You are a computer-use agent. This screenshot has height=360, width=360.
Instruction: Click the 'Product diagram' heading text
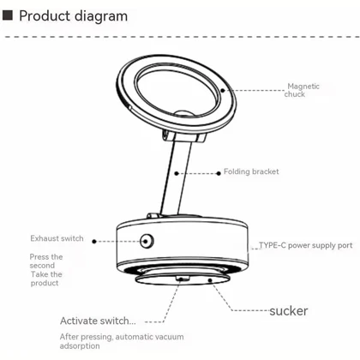73,16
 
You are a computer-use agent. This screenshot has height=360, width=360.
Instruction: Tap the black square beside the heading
8,15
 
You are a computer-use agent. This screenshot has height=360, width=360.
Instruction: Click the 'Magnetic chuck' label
302,90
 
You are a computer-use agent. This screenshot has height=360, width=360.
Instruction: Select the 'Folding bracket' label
251,171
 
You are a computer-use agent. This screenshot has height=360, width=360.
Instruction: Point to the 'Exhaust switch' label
57,238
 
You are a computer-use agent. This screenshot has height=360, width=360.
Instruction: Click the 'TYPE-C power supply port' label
306,245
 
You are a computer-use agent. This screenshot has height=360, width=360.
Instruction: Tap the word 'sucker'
289,311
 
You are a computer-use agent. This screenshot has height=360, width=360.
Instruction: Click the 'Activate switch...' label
98,321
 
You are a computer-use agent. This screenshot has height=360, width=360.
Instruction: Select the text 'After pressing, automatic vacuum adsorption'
122,341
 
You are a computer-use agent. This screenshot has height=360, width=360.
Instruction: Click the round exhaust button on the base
147,241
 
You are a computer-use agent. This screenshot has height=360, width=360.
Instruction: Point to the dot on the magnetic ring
223,91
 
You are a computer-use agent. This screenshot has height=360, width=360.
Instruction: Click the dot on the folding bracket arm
177,173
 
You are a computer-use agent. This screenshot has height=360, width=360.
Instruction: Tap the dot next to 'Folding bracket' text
219,173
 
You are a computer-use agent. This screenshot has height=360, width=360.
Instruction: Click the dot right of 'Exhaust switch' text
94,242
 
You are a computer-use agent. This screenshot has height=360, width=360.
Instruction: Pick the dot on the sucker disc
210,280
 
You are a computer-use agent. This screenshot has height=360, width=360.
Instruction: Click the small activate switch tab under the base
183,278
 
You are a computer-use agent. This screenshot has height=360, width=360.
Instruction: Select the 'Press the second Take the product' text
46,270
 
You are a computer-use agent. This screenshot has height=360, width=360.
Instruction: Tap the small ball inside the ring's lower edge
184,113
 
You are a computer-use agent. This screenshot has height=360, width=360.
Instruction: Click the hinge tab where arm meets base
153,215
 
